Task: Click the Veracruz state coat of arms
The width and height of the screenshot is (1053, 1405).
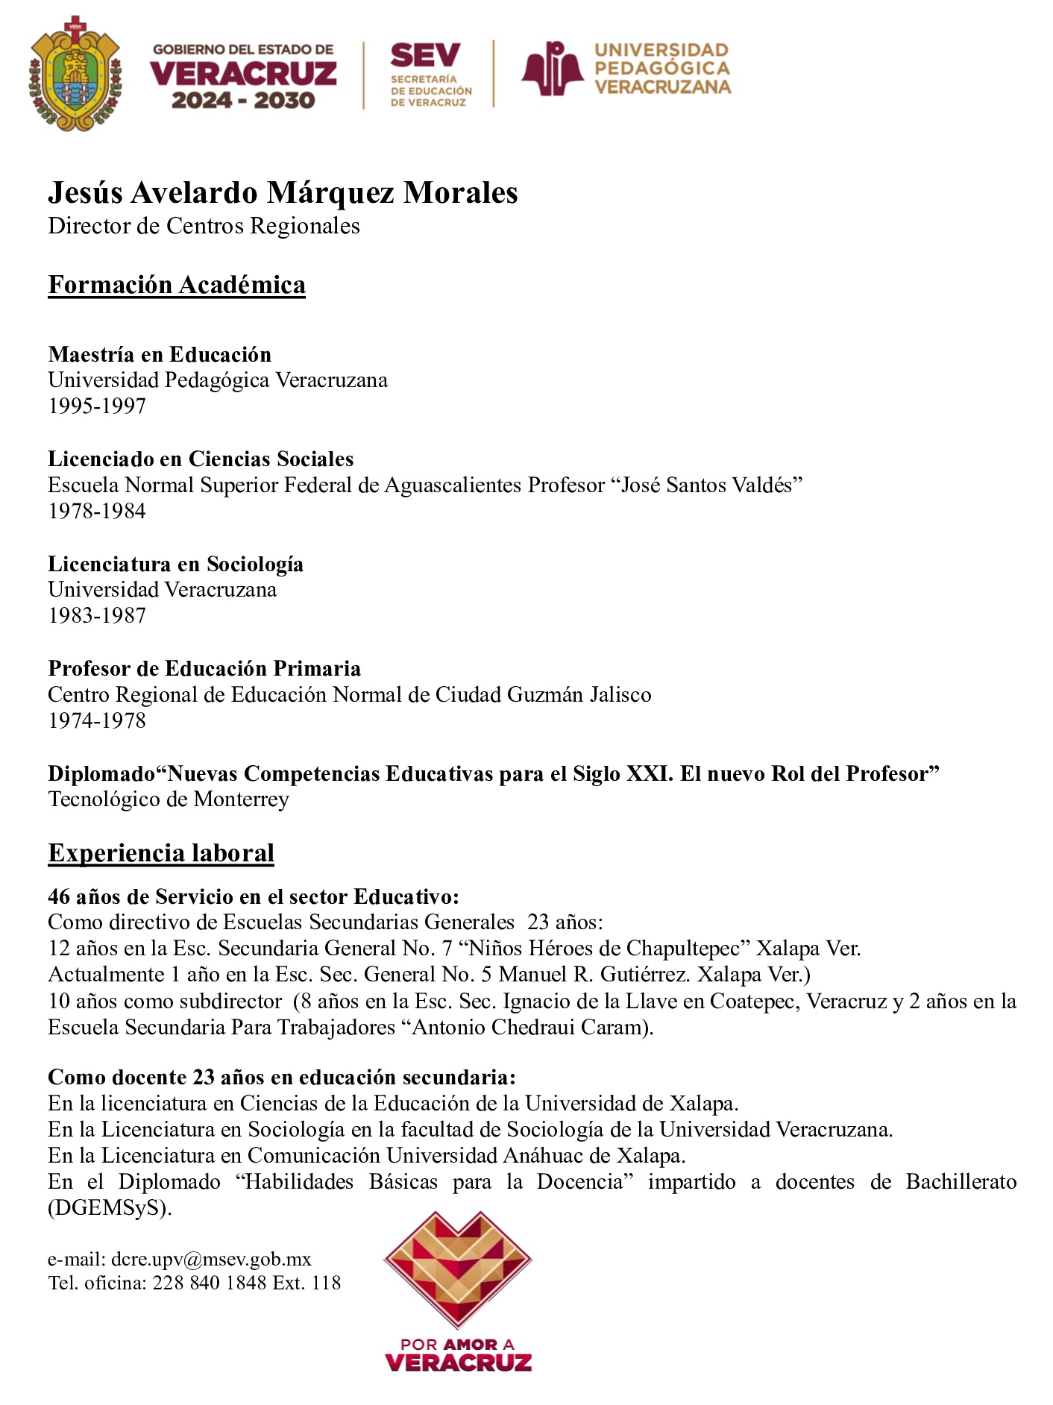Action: (75, 73)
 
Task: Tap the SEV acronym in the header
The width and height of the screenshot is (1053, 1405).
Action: (425, 55)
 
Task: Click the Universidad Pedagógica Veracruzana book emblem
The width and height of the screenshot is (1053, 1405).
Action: (552, 69)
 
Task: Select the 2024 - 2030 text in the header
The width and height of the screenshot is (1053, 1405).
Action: (243, 100)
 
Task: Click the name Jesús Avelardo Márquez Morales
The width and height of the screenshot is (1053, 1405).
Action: (283, 192)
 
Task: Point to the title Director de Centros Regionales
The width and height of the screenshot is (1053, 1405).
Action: (204, 226)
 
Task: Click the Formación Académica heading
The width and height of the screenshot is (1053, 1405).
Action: (177, 285)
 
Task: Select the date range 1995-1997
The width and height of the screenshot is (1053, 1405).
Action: (97, 406)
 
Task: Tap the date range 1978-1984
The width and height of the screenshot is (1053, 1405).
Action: (97, 511)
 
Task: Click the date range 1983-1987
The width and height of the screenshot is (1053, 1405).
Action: (97, 616)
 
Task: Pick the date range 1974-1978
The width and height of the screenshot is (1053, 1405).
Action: (97, 720)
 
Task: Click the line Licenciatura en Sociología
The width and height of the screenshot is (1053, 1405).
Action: (175, 564)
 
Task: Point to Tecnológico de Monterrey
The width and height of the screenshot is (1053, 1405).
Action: (169, 799)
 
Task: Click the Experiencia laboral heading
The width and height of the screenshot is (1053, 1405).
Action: (161, 852)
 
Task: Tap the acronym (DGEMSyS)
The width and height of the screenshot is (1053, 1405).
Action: (110, 1208)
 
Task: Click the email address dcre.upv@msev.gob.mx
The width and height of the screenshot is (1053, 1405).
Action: (211, 1260)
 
